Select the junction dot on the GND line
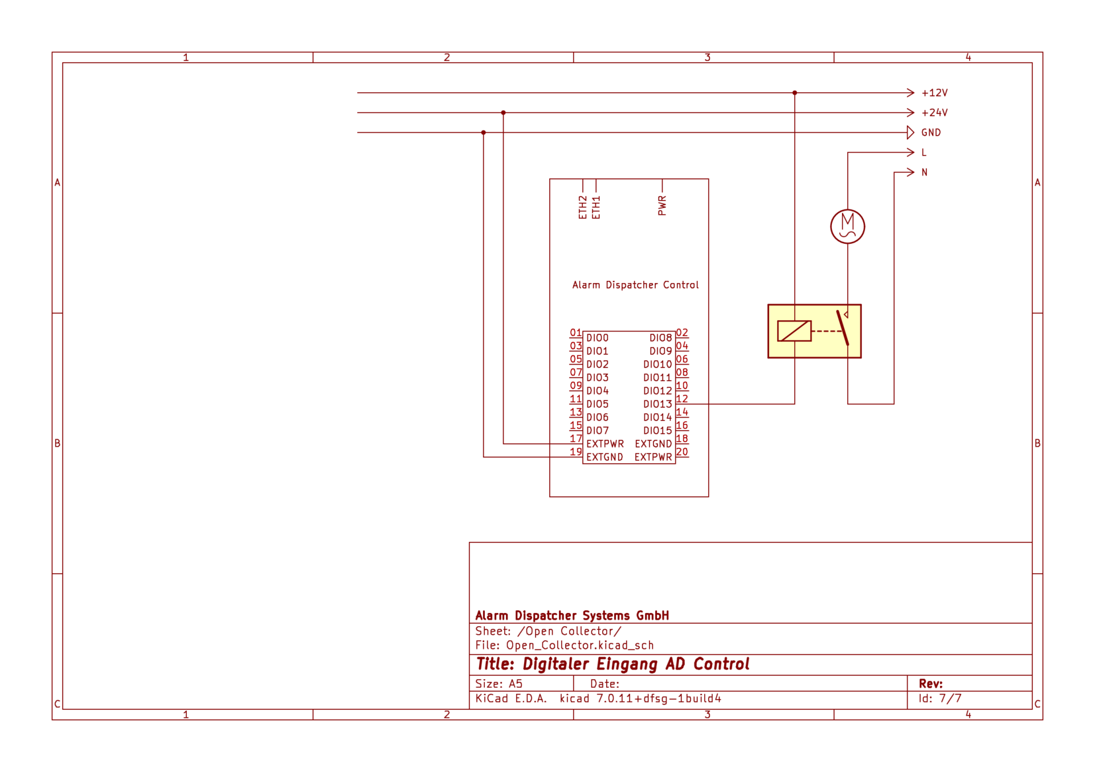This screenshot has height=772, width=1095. [484, 133]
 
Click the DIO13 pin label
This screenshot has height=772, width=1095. [658, 404]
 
